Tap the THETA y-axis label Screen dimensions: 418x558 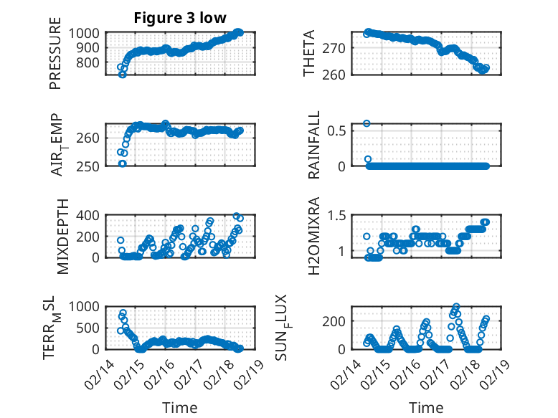coord(309,54)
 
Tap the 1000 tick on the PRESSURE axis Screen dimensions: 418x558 coord(88,33)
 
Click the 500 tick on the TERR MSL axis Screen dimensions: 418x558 coord(91,328)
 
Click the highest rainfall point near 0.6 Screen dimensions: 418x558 coord(367,123)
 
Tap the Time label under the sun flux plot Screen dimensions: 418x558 coord(426,407)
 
